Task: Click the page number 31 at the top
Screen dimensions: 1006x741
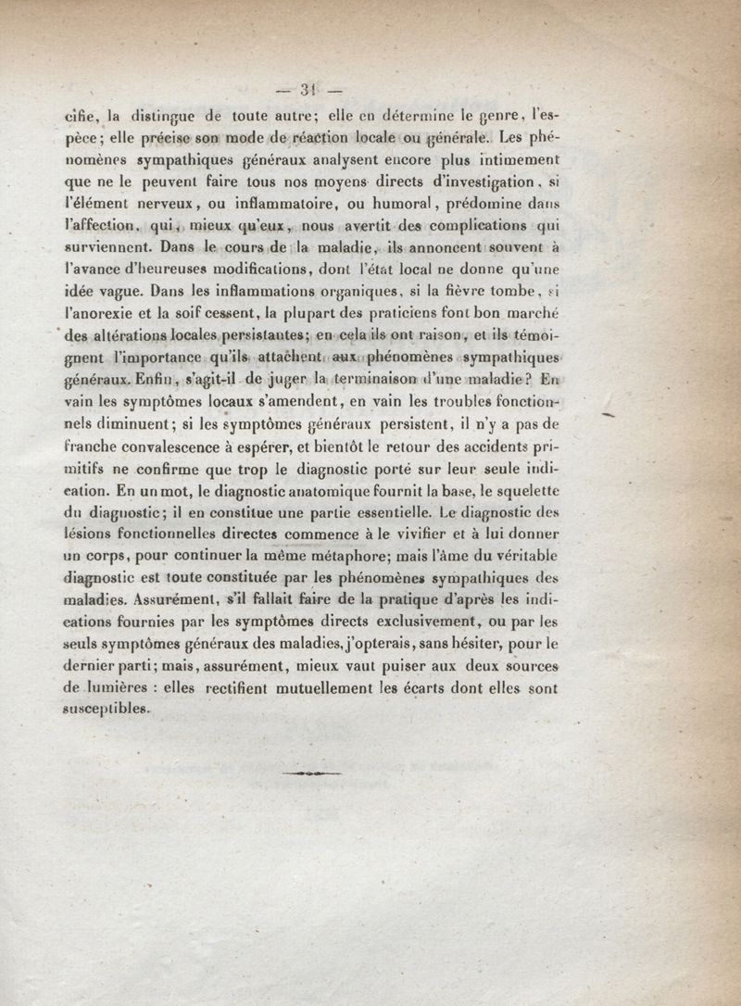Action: coord(308,90)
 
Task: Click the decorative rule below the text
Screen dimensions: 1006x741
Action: coord(309,772)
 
